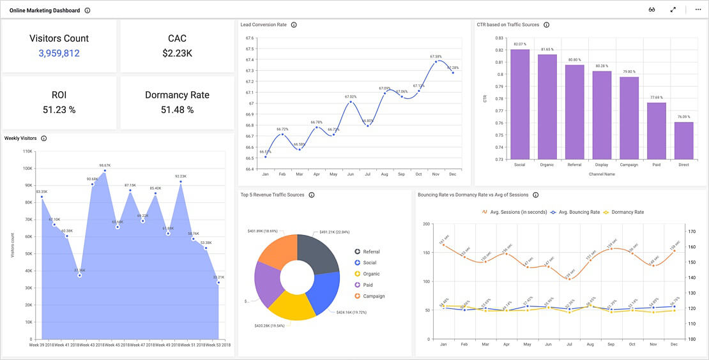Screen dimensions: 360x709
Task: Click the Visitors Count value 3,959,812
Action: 59,54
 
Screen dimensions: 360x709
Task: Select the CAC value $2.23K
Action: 177,54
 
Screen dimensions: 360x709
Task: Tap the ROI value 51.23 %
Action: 59,110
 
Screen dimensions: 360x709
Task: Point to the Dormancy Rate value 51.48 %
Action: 177,110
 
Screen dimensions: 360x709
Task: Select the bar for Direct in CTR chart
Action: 683,140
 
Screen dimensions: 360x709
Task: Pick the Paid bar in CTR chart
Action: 656,131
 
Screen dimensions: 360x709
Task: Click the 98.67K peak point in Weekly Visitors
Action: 105,170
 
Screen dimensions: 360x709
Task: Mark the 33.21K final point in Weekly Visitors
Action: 218,282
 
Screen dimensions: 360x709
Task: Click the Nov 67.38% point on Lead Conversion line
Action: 436,62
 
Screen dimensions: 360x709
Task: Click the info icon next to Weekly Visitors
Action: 43,139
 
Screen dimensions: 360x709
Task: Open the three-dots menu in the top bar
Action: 698,10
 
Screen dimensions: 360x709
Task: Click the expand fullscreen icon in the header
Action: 673,10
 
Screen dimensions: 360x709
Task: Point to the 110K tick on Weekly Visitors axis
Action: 27,151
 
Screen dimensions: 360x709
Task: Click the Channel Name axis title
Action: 601,174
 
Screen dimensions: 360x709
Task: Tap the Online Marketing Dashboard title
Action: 45,10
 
